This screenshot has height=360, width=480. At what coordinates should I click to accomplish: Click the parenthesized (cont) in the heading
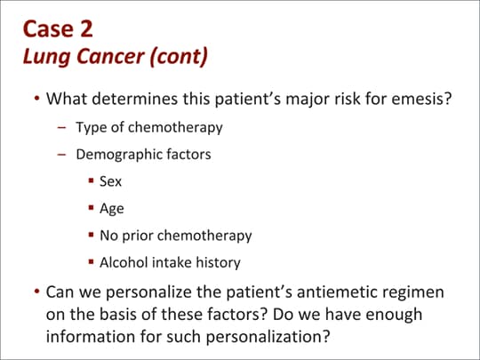(x=179, y=57)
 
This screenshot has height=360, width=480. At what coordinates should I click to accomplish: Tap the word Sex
(x=110, y=181)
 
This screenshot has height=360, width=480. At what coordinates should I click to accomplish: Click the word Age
(x=112, y=209)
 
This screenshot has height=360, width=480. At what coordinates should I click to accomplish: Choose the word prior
(x=138, y=236)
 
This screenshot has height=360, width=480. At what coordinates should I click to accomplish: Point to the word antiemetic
(x=334, y=292)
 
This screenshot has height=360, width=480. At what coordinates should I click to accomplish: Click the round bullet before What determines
(x=37, y=99)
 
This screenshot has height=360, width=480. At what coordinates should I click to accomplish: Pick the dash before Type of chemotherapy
(x=61, y=127)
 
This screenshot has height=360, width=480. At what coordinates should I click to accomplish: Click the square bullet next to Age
(x=91, y=207)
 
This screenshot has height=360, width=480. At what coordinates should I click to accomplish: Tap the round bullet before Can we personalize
(x=37, y=291)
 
